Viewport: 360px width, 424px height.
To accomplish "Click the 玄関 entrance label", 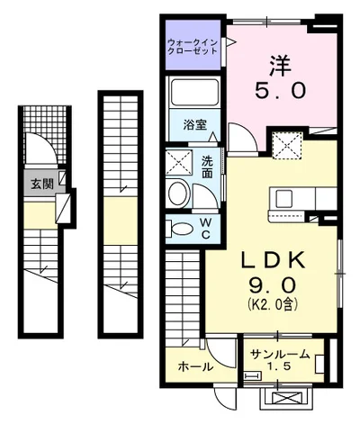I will click(x=41, y=184).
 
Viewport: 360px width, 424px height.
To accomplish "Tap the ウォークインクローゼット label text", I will click(x=193, y=47).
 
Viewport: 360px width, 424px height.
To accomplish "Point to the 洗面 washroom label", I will click(x=207, y=166).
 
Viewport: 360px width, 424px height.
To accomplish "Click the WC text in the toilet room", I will click(x=205, y=228).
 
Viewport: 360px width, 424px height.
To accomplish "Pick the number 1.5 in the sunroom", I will click(x=283, y=367).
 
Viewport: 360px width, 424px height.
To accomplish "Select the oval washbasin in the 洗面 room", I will click(x=178, y=194).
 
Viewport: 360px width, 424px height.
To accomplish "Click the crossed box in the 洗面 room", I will click(x=179, y=163).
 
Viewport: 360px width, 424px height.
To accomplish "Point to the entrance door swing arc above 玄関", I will click(x=40, y=149).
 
